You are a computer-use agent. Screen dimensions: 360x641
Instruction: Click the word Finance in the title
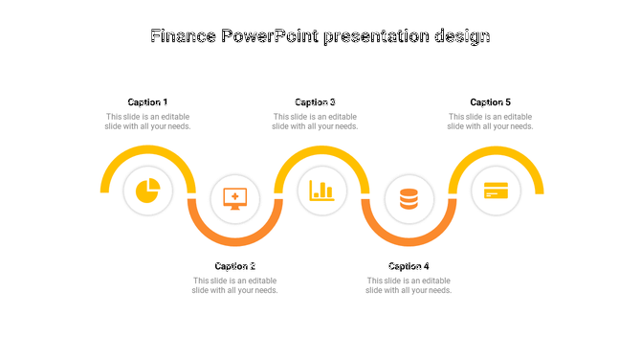tap(184, 36)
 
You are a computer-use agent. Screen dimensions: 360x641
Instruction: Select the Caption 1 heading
tap(147, 102)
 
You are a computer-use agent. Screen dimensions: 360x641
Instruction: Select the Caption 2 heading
tap(235, 266)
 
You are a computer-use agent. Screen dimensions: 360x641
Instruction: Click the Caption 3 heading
tap(315, 102)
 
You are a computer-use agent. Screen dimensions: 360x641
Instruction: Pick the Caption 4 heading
tap(409, 266)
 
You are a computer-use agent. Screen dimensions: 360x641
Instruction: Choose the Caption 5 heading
tap(490, 102)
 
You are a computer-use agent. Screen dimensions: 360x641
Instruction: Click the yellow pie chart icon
tap(147, 191)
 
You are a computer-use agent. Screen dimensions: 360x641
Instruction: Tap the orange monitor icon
tap(234, 199)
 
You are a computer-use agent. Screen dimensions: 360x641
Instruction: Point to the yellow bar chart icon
tap(321, 191)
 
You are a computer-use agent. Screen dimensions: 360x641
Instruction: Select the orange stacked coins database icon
tap(409, 199)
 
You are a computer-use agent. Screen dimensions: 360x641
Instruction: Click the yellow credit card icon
tap(496, 191)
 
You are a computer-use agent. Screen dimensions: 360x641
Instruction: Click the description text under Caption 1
tap(147, 122)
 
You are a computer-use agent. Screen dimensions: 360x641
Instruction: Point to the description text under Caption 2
tap(235, 285)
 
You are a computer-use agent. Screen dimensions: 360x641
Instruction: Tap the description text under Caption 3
tap(315, 122)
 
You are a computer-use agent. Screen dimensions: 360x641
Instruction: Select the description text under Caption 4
tap(409, 285)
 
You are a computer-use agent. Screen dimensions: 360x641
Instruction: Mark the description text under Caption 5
tap(490, 122)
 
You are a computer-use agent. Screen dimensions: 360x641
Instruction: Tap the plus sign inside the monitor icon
tap(234, 196)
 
